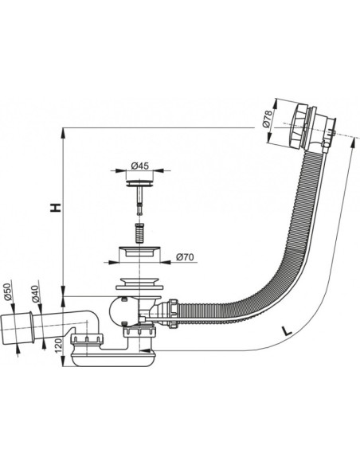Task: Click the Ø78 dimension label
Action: click(x=267, y=119)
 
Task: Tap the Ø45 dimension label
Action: click(x=139, y=166)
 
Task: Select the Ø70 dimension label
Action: click(x=185, y=257)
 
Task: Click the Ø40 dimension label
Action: click(x=35, y=294)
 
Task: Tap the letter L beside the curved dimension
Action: click(x=286, y=330)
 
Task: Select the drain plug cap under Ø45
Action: click(x=139, y=183)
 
